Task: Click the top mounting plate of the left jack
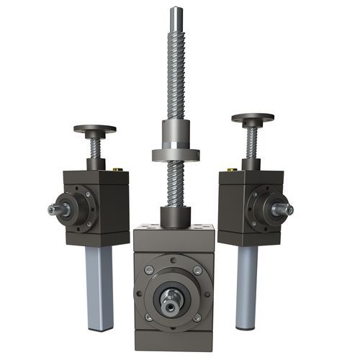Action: pyautogui.click(x=94, y=130)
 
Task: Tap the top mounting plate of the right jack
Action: pyautogui.click(x=252, y=117)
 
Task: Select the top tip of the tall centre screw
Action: pyautogui.click(x=175, y=9)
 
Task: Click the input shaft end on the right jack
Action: pyautogui.click(x=286, y=210)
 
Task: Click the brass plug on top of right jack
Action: pyautogui.click(x=232, y=170)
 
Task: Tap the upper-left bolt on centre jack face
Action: pyautogui.click(x=148, y=270)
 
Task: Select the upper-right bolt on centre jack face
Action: pyautogui.click(x=197, y=270)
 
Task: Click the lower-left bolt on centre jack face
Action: pyautogui.click(x=148, y=317)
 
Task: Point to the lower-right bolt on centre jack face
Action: pyautogui.click(x=197, y=317)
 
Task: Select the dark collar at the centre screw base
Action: pyautogui.click(x=175, y=215)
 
